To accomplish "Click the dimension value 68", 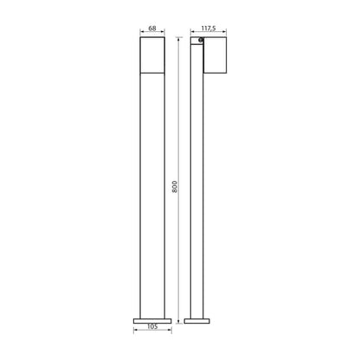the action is (152, 29).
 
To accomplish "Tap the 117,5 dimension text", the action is (209, 29).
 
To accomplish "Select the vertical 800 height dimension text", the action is (175, 187).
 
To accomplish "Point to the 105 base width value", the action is (152, 326).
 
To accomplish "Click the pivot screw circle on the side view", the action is (201, 40).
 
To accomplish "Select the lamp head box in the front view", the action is (152, 55).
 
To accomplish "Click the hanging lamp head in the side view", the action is (215, 55).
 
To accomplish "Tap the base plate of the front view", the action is (152, 321).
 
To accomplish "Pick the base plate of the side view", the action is (197, 321).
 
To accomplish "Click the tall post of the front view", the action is (152, 196).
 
